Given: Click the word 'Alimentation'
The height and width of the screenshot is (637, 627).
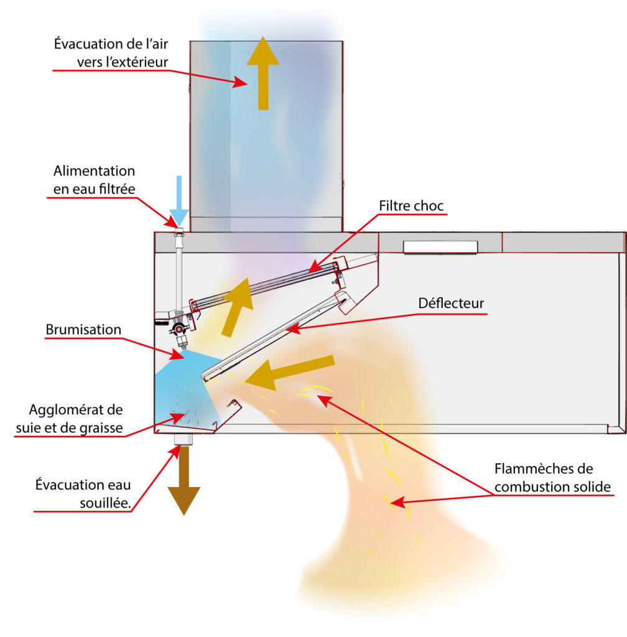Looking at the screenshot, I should (94, 170).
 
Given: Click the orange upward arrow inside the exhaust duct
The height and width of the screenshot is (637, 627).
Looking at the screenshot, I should (263, 72).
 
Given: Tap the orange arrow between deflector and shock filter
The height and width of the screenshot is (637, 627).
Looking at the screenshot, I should (238, 305).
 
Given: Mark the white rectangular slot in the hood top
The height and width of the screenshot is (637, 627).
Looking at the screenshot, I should (440, 247).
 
